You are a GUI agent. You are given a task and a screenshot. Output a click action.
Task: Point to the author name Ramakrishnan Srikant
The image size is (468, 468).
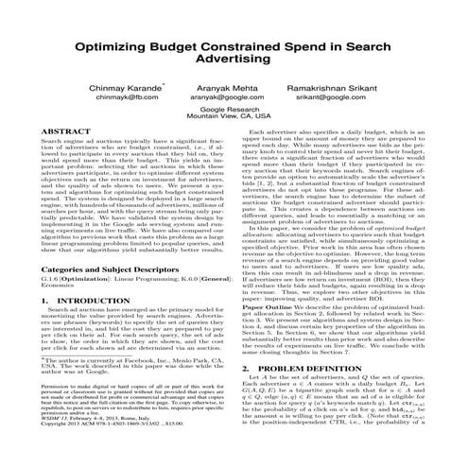pyautogui.click(x=346, y=85)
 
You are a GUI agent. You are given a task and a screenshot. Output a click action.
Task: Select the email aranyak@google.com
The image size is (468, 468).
pyautogui.click(x=233, y=96)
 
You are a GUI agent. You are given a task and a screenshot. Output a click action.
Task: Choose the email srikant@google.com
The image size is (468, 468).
pyautogui.click(x=343, y=96)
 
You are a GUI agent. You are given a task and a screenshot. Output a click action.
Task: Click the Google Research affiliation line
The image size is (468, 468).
pyautogui.click(x=233, y=110)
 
